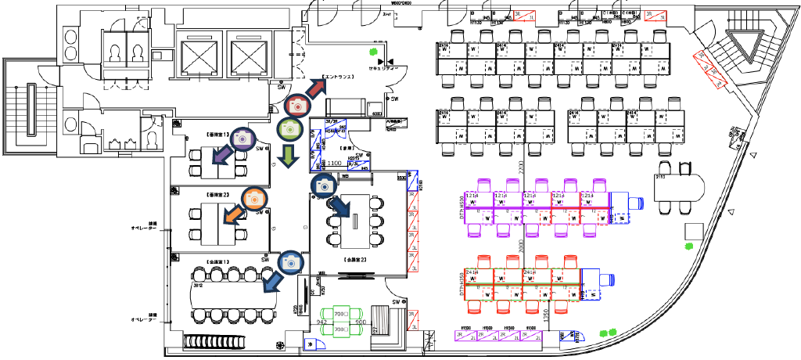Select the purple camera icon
point(242,139)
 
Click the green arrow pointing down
point(289,154)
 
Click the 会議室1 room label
point(217,261)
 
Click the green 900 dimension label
point(361,322)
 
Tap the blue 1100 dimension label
point(335,163)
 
